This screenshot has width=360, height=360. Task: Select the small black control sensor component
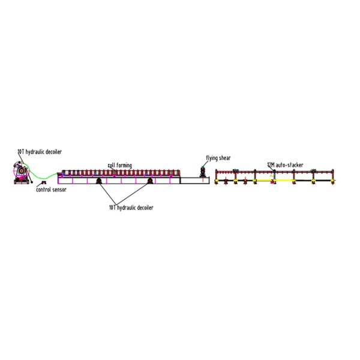click(43, 182)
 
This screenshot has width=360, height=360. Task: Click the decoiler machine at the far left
click(22, 173)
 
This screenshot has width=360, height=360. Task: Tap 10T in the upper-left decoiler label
click(21, 152)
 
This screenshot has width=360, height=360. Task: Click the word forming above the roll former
click(124, 166)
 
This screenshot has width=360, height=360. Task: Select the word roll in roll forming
click(112, 166)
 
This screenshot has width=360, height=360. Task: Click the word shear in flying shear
click(225, 158)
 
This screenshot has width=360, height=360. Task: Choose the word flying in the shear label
click(212, 158)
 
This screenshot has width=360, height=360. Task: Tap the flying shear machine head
click(203, 172)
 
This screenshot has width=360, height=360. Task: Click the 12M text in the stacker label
click(271, 165)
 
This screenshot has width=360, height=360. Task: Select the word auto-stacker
click(289, 165)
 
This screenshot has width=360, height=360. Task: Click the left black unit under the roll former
click(99, 181)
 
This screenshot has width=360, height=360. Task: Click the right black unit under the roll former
click(150, 181)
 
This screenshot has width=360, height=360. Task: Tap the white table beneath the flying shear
click(194, 180)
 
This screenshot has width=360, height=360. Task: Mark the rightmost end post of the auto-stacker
click(333, 176)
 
